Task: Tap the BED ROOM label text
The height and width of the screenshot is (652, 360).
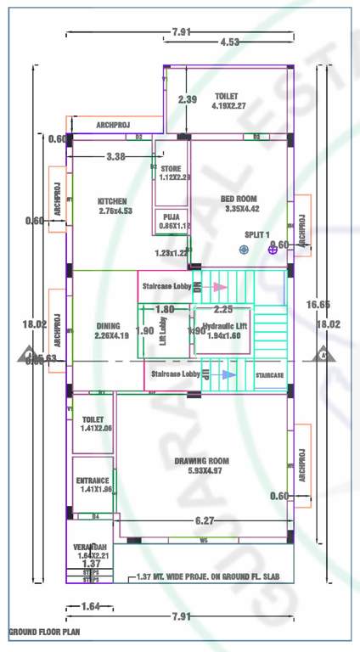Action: click(x=241, y=199)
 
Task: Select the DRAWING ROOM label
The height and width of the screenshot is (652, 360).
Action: click(x=201, y=461)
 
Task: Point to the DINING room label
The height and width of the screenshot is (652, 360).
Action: click(x=108, y=326)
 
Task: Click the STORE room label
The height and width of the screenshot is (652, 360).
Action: click(x=171, y=169)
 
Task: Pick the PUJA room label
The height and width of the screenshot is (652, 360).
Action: click(x=170, y=217)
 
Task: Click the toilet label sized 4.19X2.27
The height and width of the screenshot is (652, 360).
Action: click(x=228, y=96)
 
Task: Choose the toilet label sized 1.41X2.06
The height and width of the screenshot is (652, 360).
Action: click(x=93, y=420)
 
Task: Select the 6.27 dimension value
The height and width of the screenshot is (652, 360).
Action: click(x=205, y=520)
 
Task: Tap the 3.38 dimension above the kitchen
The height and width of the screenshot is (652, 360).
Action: click(x=115, y=156)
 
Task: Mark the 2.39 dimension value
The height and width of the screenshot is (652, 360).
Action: click(x=188, y=99)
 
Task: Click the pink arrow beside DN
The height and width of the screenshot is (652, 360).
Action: click(x=220, y=287)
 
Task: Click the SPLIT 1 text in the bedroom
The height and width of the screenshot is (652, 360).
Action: click(x=256, y=233)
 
